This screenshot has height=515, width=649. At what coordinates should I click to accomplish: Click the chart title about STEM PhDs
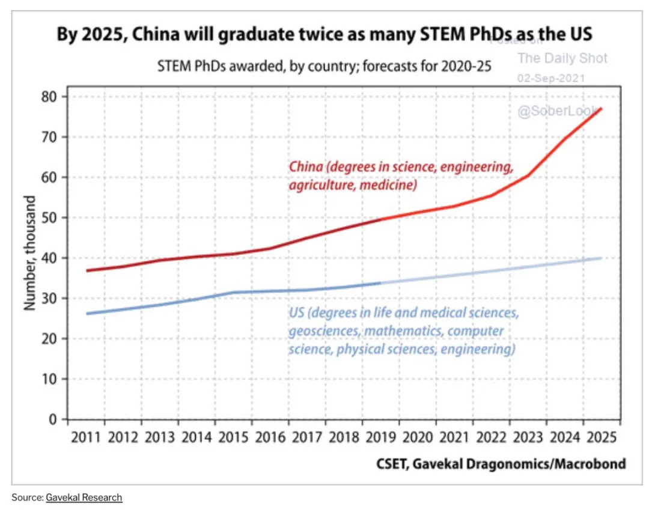click(324, 34)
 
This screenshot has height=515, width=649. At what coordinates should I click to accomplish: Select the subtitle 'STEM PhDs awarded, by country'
click(324, 66)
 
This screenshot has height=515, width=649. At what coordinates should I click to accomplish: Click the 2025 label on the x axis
click(600, 437)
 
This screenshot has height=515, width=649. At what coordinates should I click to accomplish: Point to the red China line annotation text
click(401, 176)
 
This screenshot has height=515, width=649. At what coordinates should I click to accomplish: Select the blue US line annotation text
click(403, 331)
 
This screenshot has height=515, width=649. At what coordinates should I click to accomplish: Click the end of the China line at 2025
click(602, 109)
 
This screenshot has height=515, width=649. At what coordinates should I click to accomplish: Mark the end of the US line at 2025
click(602, 258)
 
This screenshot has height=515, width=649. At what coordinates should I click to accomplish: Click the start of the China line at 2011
click(87, 270)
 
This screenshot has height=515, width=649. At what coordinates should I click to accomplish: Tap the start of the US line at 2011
click(87, 314)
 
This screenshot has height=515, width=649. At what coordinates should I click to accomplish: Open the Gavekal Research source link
click(84, 498)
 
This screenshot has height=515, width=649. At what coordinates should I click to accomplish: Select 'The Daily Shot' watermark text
click(562, 58)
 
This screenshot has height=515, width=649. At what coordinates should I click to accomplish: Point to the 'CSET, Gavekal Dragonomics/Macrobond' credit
click(501, 463)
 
